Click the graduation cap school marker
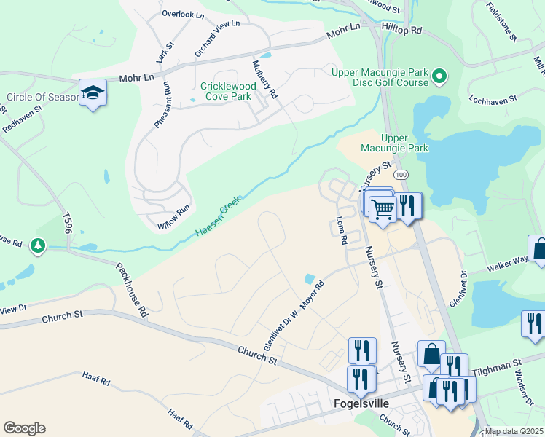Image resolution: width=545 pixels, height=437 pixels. (x=93, y=92)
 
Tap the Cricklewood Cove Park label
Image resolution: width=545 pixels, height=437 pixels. (x=227, y=91)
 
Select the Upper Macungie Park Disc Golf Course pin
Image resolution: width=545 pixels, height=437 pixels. (x=439, y=76)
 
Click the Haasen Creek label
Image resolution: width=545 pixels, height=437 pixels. (x=218, y=219)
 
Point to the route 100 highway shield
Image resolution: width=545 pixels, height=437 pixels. (x=401, y=176)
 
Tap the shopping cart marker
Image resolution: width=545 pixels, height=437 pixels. (x=383, y=210)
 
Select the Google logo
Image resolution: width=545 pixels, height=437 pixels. (x=24, y=428)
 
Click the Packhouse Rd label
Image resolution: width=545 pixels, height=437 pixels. (x=132, y=288)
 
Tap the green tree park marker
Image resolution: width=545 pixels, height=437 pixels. (x=38, y=247)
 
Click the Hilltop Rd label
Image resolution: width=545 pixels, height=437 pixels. (x=401, y=31)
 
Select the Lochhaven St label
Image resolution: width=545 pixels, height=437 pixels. (x=493, y=98)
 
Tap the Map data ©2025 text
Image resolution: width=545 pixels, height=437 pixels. (x=514, y=431)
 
